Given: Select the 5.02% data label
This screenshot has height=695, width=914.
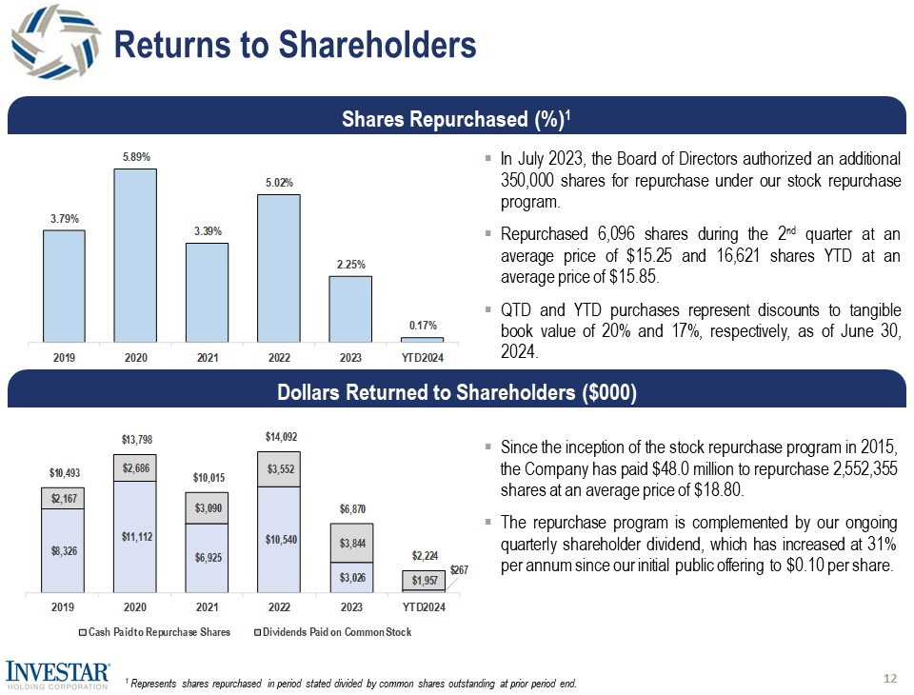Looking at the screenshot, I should [278, 182].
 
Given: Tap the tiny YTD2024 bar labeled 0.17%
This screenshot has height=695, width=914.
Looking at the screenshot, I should [421, 339].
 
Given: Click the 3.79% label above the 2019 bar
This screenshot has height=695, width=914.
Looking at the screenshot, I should [64, 218].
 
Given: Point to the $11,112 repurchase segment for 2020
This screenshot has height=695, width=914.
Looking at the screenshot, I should [135, 537].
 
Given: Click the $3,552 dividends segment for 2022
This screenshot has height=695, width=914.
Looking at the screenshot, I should [278, 468].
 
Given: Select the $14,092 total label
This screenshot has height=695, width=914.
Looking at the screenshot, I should [278, 437].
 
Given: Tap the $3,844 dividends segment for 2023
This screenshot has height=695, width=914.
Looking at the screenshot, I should [349, 543].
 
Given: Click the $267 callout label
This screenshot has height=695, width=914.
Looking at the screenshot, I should [460, 569].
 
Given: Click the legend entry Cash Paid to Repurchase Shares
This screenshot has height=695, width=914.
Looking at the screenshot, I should [158, 632].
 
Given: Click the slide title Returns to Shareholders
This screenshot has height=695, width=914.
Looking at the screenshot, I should [294, 44].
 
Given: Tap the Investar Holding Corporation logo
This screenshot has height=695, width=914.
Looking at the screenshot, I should [58, 672].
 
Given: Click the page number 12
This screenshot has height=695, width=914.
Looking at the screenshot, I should [890, 678].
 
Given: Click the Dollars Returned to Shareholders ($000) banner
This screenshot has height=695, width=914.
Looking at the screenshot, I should [456, 393].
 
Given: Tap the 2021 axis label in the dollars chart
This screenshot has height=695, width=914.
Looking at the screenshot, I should [207, 606].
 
